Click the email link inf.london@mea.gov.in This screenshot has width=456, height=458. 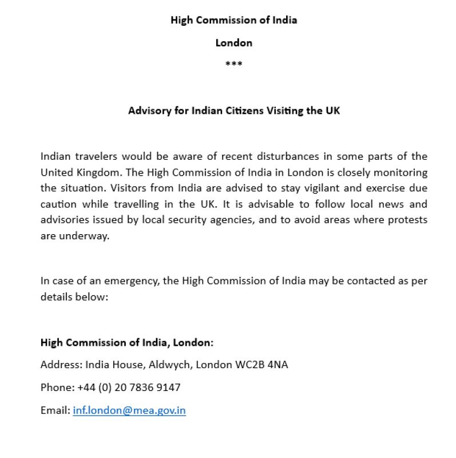(129, 410)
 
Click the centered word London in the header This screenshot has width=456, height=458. (233, 42)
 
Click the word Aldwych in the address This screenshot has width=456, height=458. (171, 364)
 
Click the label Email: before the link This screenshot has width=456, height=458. (55, 410)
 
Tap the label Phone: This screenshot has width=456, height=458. (57, 387)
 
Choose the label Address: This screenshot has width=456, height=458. (61, 364)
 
